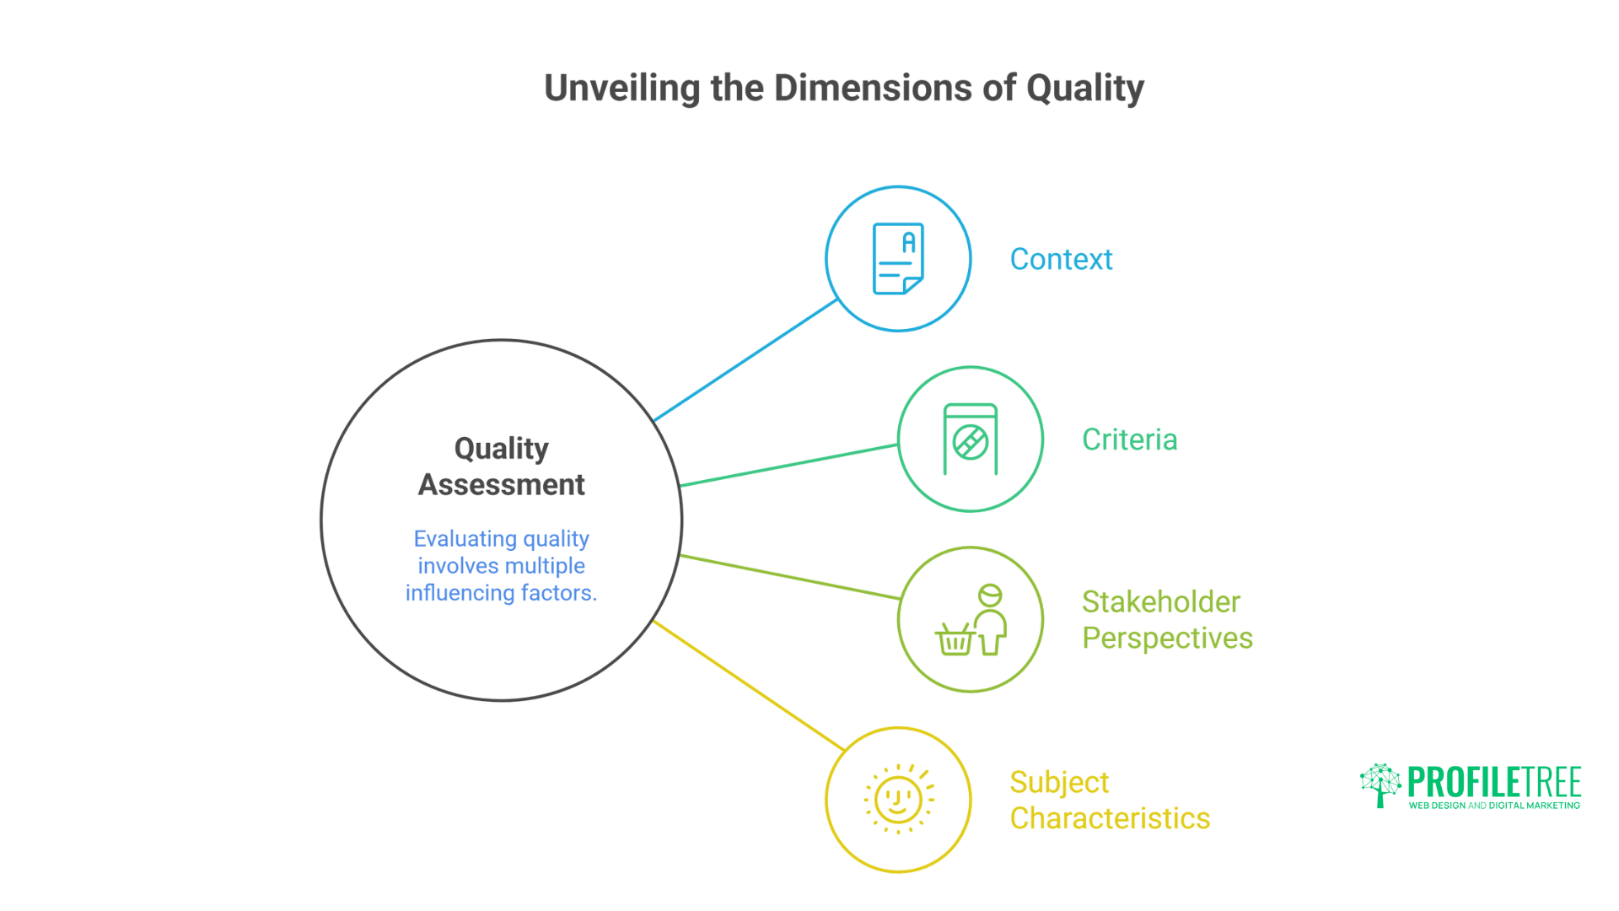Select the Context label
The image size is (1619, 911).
point(1061,259)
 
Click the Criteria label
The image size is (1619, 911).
point(1129,439)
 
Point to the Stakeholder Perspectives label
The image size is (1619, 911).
point(1167,620)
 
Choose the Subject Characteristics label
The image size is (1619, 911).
point(1110,800)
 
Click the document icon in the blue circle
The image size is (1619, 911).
point(898,259)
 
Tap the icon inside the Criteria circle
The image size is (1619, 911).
point(971,439)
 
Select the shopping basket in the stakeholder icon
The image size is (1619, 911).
point(955,640)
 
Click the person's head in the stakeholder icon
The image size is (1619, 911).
point(990,596)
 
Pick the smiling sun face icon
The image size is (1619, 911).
point(898,799)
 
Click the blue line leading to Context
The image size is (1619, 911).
point(745,360)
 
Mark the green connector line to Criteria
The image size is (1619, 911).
point(788,465)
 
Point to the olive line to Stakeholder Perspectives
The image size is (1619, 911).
point(790,577)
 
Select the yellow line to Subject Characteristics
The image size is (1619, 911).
point(749,686)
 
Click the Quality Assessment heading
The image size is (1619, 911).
point(501,466)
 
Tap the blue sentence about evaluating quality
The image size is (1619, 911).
point(501,565)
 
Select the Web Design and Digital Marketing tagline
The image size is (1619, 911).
point(1494,806)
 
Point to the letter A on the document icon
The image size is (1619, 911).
point(908,243)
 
